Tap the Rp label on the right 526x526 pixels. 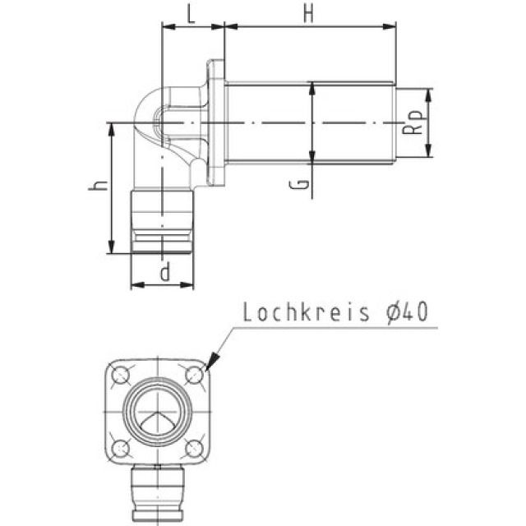[415, 122]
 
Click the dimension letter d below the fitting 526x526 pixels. [164, 272]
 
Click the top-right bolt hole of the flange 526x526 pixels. [194, 376]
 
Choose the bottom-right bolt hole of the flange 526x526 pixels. [194, 447]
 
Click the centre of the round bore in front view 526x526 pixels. [158, 411]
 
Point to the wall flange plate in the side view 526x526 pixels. [215, 123]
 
